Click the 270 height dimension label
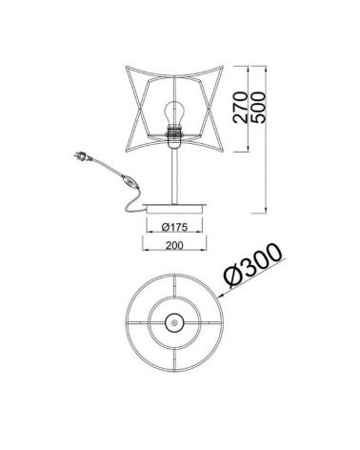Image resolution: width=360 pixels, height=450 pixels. [240, 107]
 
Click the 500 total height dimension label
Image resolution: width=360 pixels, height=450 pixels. [256, 108]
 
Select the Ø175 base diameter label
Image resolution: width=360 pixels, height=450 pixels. [174, 227]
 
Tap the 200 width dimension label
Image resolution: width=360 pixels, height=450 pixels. [174, 245]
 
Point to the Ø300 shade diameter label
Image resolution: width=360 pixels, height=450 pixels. [252, 266]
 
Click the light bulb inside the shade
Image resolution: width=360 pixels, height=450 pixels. [174, 113]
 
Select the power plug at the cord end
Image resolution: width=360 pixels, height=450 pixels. [84, 156]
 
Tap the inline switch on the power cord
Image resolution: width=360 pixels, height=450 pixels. [130, 181]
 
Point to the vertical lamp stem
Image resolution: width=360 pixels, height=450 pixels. [174, 175]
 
